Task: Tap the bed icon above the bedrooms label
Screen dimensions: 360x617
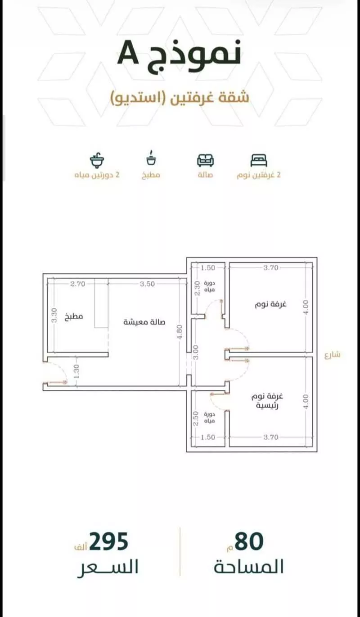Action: click(x=259, y=160)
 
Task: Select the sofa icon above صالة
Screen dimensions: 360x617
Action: click(x=206, y=160)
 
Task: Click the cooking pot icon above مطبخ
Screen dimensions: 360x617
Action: click(x=150, y=158)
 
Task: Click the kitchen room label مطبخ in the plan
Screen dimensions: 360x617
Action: click(x=73, y=316)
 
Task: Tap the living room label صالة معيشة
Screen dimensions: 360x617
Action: click(x=144, y=322)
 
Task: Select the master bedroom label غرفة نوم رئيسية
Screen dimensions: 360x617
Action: click(x=267, y=401)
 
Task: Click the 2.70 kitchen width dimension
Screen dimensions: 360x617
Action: click(x=78, y=284)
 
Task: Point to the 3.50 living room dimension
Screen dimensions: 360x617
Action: click(x=147, y=284)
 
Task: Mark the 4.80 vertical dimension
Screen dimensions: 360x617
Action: click(x=180, y=333)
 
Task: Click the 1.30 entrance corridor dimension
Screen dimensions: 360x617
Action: click(x=76, y=371)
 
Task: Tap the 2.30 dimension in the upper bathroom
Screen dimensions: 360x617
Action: click(x=197, y=288)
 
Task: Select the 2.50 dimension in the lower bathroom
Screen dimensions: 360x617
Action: click(x=196, y=419)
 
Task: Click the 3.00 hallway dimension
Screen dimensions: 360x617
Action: click(x=196, y=352)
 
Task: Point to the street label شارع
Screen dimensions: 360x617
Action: click(x=333, y=355)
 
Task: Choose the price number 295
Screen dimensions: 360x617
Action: click(x=108, y=541)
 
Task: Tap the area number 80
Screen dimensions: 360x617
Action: click(x=249, y=541)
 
